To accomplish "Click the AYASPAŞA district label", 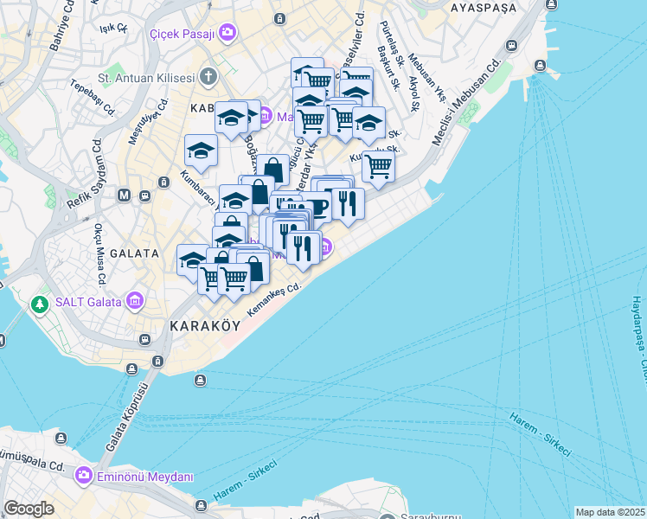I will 483,7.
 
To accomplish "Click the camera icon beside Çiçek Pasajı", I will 227,33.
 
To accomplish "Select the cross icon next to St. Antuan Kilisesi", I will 208,77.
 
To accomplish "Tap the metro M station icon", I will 125,195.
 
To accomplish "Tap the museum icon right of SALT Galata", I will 134,302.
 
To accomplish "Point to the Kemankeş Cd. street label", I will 272,298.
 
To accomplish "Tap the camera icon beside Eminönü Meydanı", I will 84,476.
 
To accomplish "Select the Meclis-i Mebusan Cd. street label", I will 465,102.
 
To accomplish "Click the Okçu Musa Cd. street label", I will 99,256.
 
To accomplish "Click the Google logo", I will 29,509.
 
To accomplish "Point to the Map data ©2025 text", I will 611,512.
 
